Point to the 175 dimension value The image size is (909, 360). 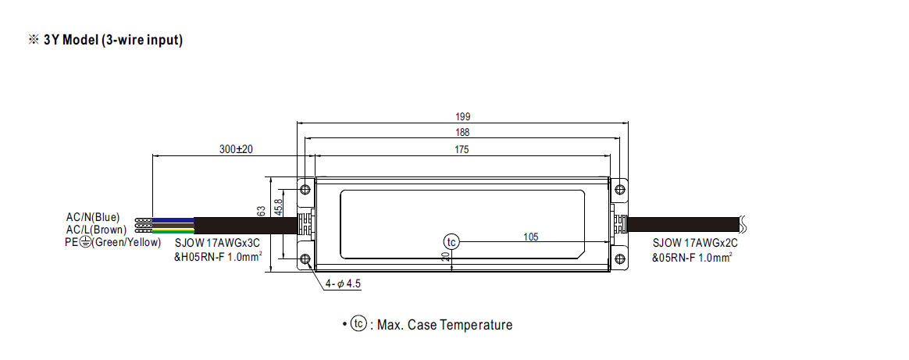click(x=462, y=149)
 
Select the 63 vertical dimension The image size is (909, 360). click(x=262, y=211)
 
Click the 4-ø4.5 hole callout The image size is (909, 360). click(x=343, y=284)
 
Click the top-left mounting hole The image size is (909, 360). click(x=305, y=189)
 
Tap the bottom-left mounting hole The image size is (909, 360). click(x=305, y=259)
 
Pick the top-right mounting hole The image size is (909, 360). click(x=619, y=189)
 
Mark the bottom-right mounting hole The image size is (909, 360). click(x=619, y=259)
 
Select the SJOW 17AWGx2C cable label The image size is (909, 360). click(x=695, y=244)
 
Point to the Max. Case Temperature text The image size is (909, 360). click(x=444, y=325)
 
